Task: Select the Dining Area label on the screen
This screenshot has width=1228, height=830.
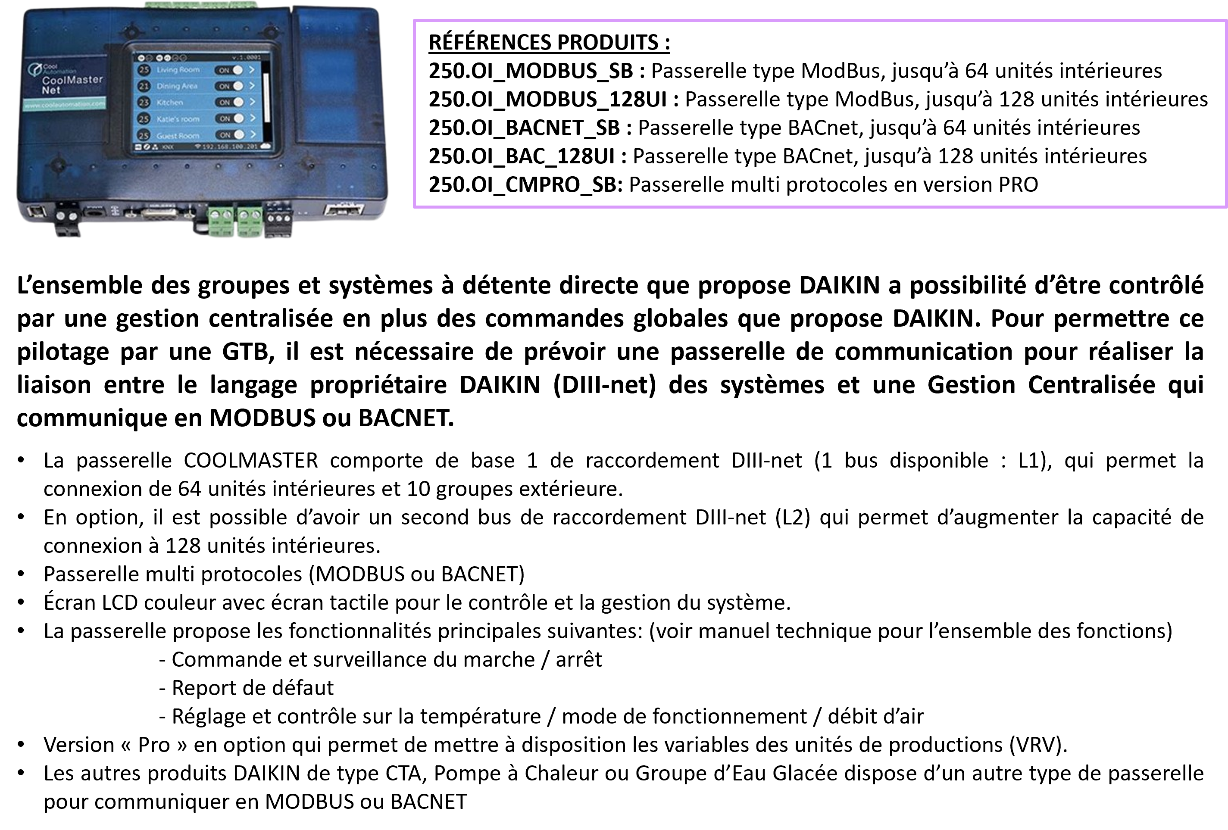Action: pyautogui.click(x=176, y=86)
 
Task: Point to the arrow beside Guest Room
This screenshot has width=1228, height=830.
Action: pyautogui.click(x=253, y=135)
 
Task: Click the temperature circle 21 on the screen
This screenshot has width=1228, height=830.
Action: pyautogui.click(x=144, y=86)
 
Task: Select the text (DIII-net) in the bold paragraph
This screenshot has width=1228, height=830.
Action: pyautogui.click(x=604, y=385)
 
